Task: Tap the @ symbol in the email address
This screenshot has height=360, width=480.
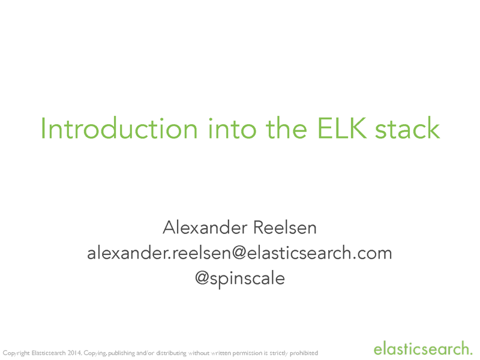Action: pyautogui.click(x=239, y=253)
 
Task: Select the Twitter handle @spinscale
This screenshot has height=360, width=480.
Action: pyautogui.click(x=240, y=278)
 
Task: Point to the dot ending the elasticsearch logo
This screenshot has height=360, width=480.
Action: pyautogui.click(x=471, y=352)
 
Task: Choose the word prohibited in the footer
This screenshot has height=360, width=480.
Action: pyautogui.click(x=304, y=353)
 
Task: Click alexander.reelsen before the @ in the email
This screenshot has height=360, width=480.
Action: pyautogui.click(x=158, y=253)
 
